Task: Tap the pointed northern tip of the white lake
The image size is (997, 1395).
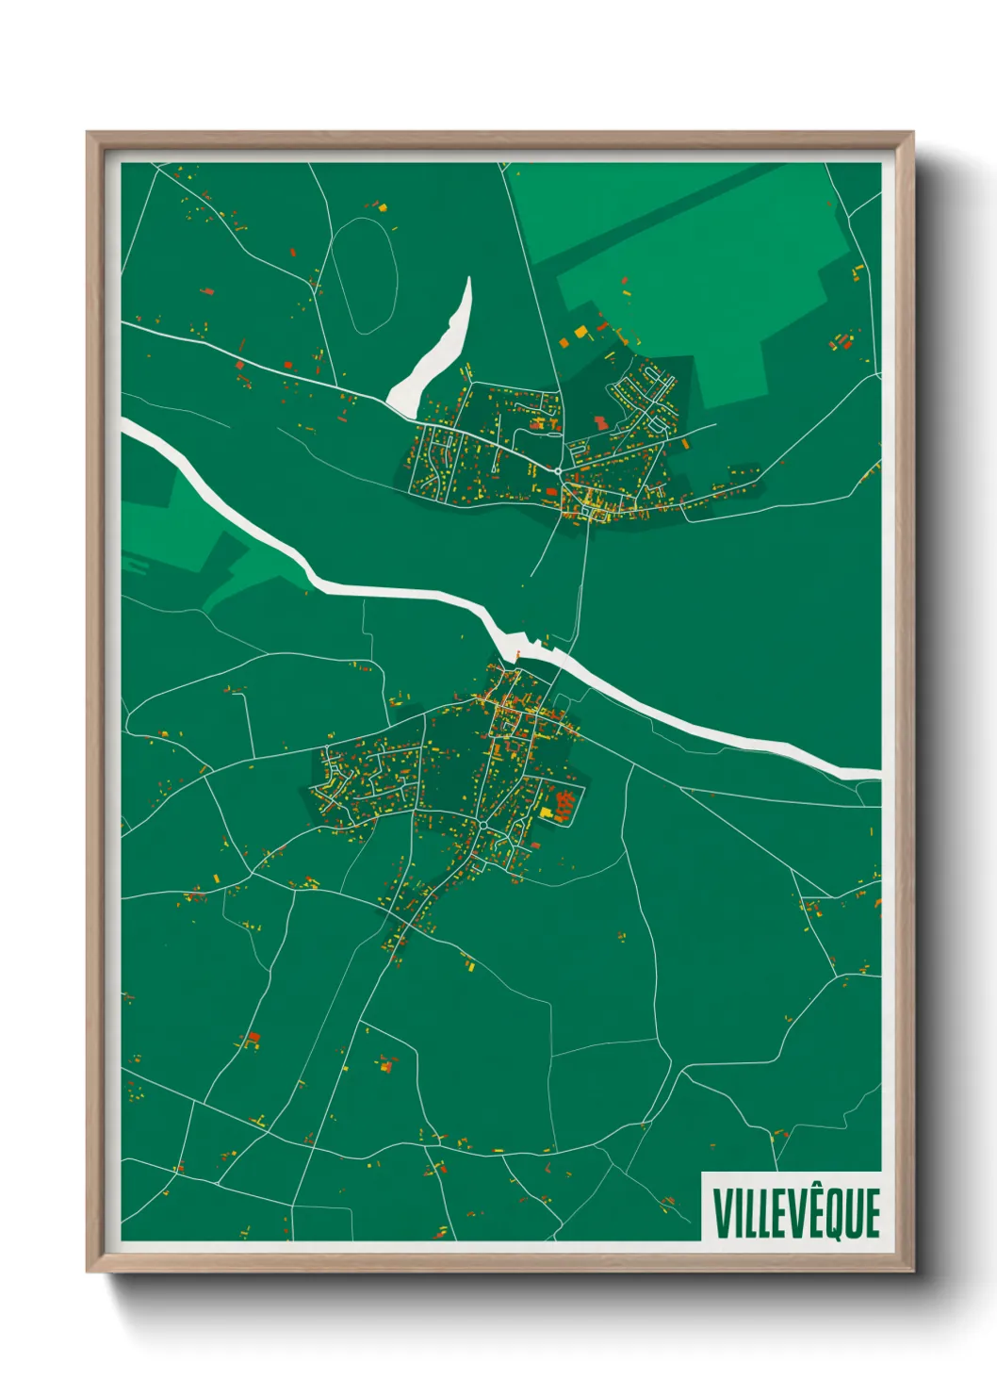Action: point(467,279)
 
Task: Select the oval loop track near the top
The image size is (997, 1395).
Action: point(363,274)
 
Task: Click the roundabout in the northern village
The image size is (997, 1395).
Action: point(558,470)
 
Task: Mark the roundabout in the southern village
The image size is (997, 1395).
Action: point(482,825)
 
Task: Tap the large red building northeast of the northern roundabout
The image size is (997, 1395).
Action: point(599,422)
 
